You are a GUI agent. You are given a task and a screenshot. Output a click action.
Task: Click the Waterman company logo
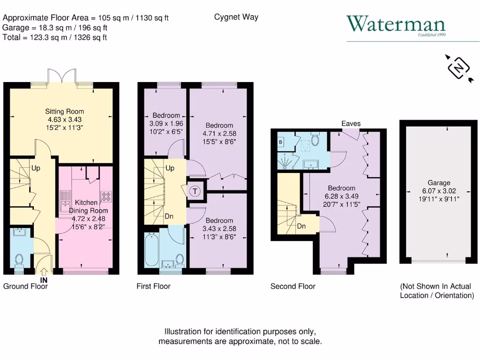point(396,24)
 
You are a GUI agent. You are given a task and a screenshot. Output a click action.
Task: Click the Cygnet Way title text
point(236,17)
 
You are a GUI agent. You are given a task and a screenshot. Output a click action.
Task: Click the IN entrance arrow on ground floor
point(44,274)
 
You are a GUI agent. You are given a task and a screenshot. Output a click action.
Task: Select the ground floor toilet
point(19,260)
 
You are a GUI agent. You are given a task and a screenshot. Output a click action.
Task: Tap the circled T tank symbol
point(195,191)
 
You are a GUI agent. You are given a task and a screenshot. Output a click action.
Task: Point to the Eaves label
point(351,123)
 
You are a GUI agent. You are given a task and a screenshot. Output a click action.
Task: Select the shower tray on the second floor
point(285,162)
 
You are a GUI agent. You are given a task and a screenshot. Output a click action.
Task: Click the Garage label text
point(439,183)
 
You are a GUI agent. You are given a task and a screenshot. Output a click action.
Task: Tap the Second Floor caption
point(293,286)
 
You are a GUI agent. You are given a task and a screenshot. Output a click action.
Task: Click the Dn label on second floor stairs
point(301,226)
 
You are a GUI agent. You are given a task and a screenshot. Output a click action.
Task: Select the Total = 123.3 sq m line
point(55,37)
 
